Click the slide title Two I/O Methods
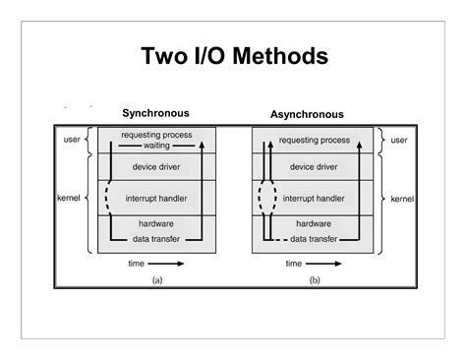pos(233,55)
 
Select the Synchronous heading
pos(155,113)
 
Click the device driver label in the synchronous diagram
pos(157,167)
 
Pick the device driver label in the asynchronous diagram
pos(313,167)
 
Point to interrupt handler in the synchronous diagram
pos(157,200)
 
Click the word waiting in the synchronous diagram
pos(157,146)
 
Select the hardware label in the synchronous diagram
pos(157,224)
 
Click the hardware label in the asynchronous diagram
pos(313,224)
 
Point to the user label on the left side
pos(71,140)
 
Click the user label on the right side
pos(398,140)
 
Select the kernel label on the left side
pos(68,200)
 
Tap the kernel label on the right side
pos(401,200)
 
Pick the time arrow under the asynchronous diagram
pos(323,264)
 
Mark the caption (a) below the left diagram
pos(157,280)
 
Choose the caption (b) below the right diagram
pos(314,280)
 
